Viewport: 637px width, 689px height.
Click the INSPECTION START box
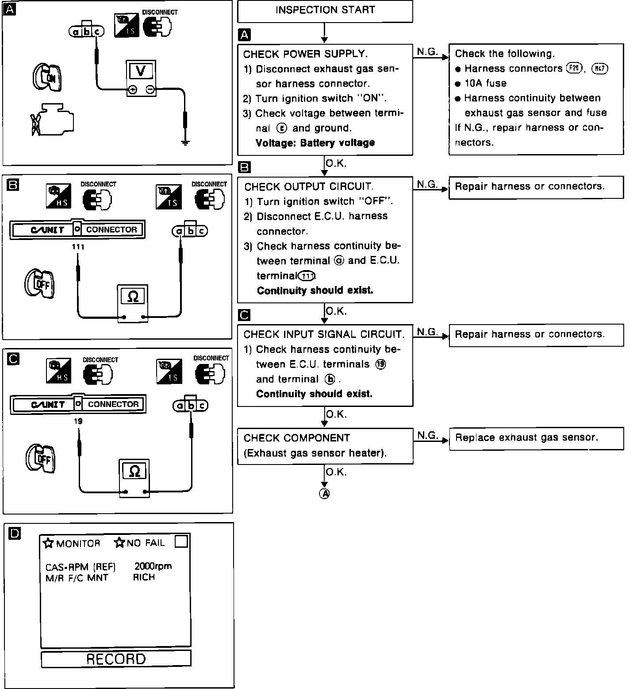click(325, 11)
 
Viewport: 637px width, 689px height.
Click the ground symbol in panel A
click(186, 143)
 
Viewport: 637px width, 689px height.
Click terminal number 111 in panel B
click(78, 247)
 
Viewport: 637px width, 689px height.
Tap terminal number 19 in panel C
click(78, 421)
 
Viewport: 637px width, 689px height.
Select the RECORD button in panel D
click(116, 659)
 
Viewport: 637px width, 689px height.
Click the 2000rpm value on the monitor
click(153, 566)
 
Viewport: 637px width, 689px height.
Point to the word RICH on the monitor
click(144, 577)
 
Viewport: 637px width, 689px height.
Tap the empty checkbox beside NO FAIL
click(181, 542)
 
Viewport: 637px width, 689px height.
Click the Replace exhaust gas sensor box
click(536, 438)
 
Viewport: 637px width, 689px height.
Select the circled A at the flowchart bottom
click(324, 494)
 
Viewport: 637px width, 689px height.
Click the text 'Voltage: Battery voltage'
click(315, 143)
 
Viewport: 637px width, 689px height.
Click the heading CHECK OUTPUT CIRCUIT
click(309, 187)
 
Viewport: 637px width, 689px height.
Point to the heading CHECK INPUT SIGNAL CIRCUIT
click(324, 334)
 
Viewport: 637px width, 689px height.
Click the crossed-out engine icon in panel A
click(52, 120)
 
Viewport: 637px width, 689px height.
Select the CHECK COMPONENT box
click(325, 445)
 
